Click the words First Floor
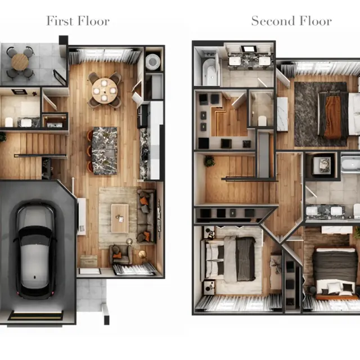click(78, 21)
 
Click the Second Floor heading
click(291, 21)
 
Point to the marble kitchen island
click(105, 150)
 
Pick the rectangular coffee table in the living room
click(120, 218)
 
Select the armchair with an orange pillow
click(120, 255)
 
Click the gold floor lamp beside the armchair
click(141, 254)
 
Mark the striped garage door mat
click(35, 316)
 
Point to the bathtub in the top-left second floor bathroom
click(210, 71)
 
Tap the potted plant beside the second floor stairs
click(209, 161)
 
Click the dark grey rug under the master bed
click(312, 115)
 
